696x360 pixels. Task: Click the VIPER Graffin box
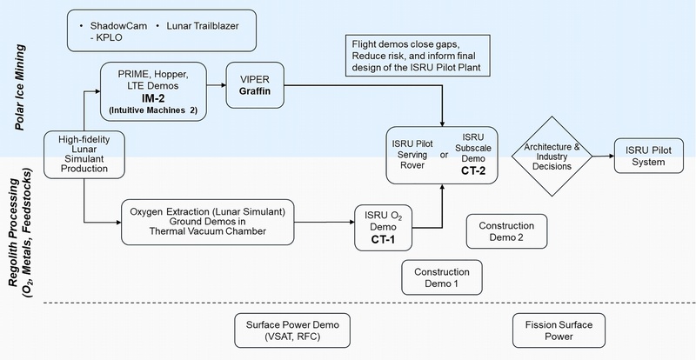(255, 86)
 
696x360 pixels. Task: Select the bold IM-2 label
(154, 98)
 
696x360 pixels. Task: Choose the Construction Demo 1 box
(441, 277)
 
